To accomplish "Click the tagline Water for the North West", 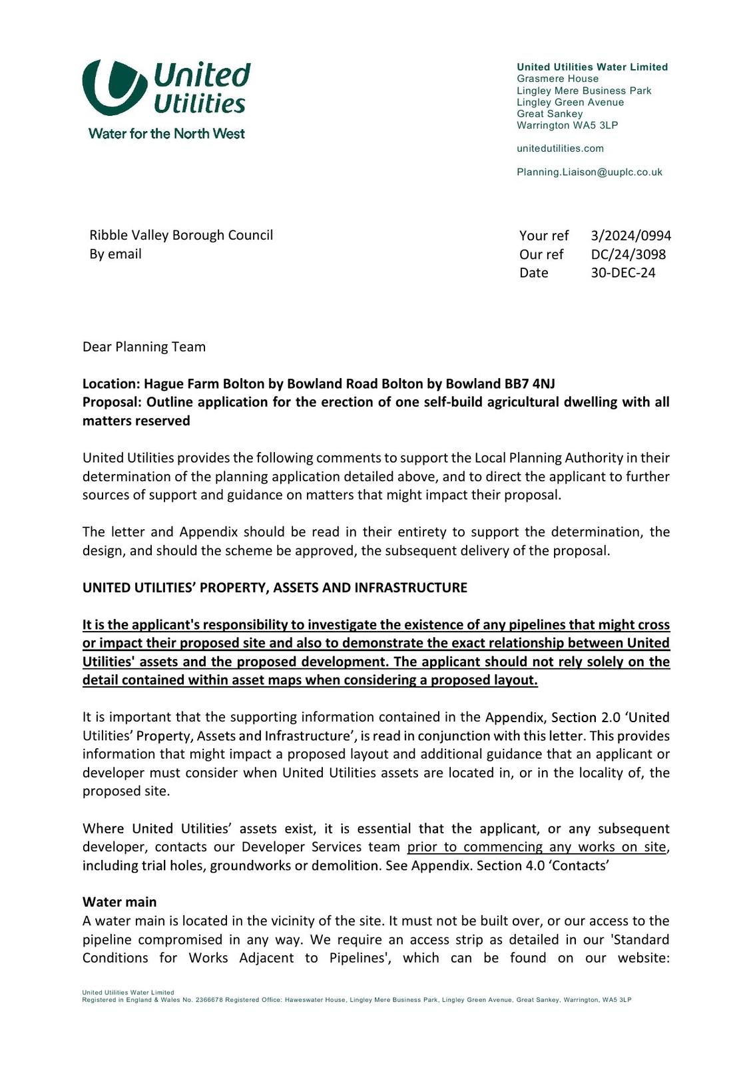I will (x=166, y=134).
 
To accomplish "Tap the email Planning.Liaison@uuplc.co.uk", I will (x=589, y=172).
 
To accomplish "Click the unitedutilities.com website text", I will (x=560, y=148).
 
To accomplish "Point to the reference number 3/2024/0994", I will (x=630, y=236).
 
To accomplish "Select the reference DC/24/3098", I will (x=628, y=254).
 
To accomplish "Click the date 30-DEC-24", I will (x=623, y=273).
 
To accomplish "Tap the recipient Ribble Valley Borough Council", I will (x=181, y=235).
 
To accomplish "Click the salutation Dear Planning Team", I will (x=144, y=347).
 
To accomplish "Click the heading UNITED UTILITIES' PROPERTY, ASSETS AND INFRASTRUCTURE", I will (x=274, y=588).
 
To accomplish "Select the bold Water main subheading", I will (x=119, y=902).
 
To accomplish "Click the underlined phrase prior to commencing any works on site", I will (x=537, y=847).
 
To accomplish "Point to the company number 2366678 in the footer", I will (x=209, y=1000).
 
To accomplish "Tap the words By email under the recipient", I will (x=115, y=254).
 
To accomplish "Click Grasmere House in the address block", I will (x=557, y=79).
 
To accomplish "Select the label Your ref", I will (x=544, y=236).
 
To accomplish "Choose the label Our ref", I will (x=541, y=254).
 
